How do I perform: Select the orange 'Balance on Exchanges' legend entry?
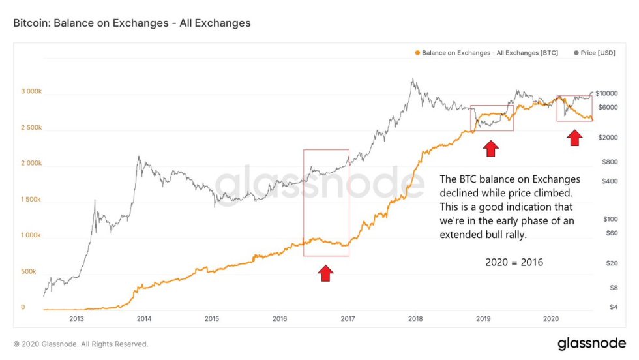coord(486,52)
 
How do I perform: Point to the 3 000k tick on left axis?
coord(32,91)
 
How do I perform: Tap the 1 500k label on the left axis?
coord(32,199)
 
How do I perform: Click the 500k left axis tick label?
coord(27,271)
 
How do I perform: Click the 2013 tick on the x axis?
coord(76,319)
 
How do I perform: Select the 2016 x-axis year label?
coord(280,319)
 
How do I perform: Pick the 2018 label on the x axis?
coord(415,319)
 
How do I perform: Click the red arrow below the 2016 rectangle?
coord(326,273)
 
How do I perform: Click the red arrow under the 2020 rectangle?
coord(574,138)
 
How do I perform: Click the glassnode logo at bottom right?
coord(592,343)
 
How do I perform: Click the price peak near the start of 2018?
coord(412,80)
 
